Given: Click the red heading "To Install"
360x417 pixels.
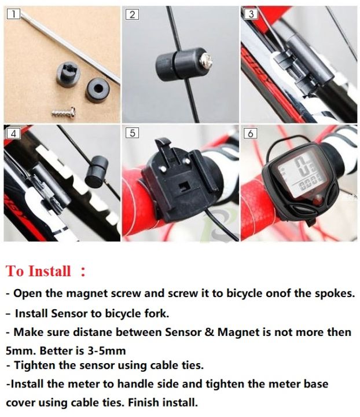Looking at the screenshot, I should click(x=39, y=271).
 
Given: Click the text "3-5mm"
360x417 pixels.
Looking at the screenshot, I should click(x=106, y=351).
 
